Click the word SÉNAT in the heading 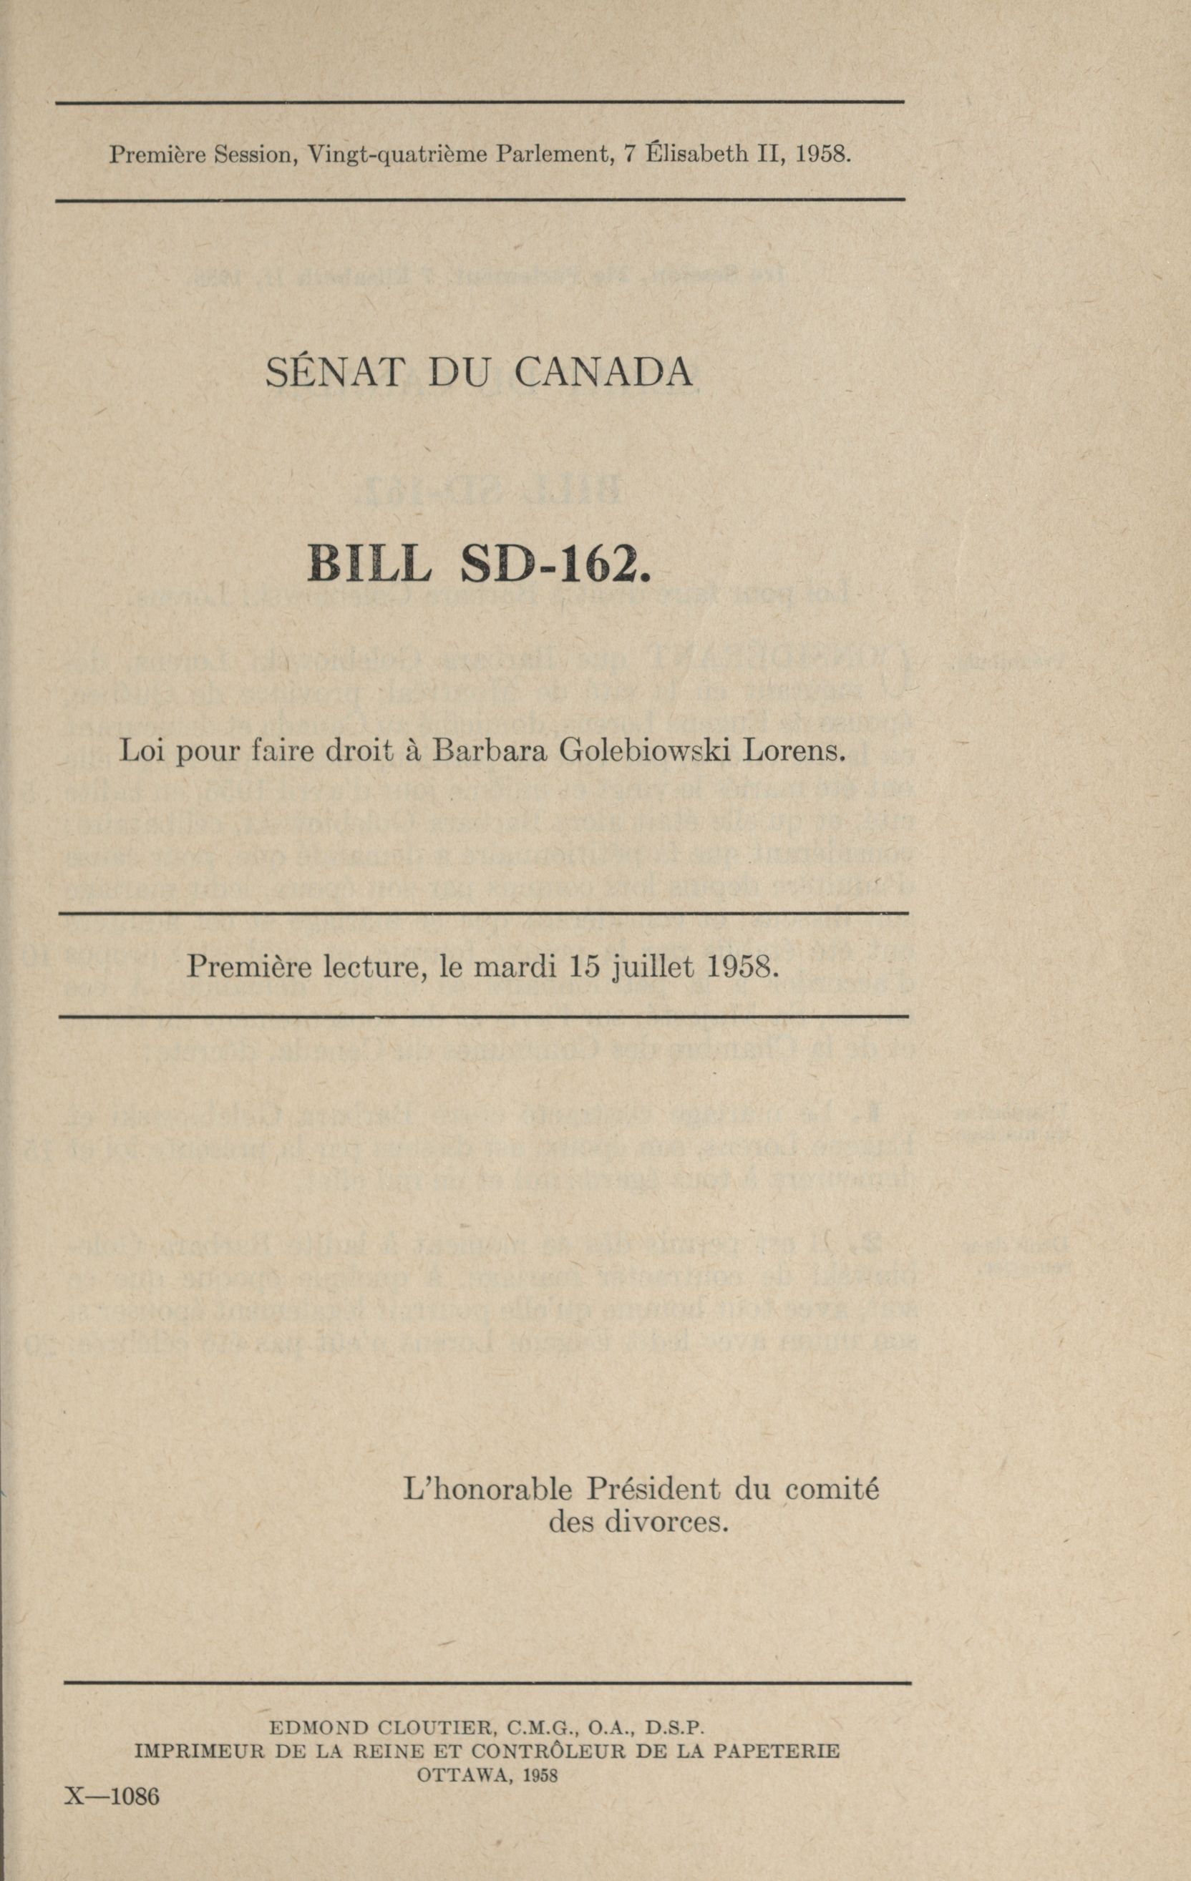(x=333, y=373)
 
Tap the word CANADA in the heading (x=603, y=373)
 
